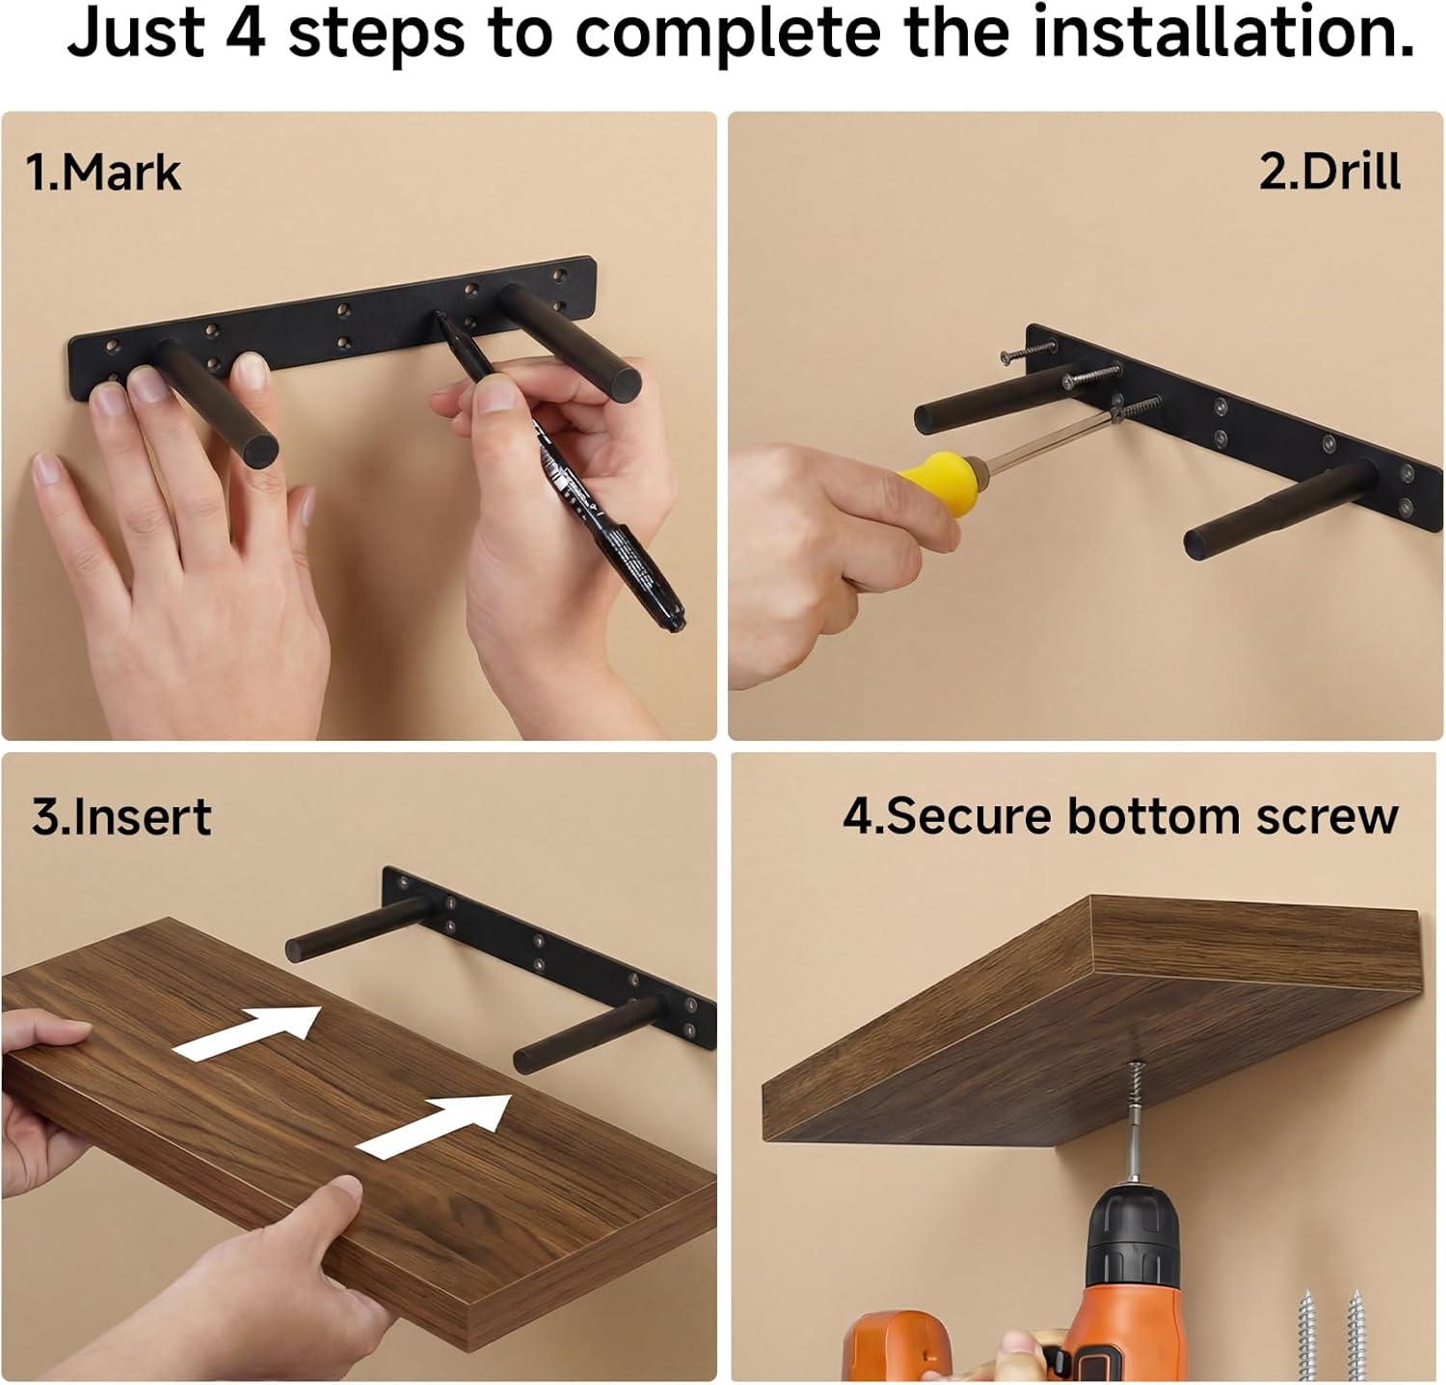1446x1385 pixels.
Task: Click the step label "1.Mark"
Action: (103, 173)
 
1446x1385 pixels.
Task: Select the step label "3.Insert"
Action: (121, 817)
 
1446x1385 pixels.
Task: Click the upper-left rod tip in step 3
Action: (298, 947)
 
